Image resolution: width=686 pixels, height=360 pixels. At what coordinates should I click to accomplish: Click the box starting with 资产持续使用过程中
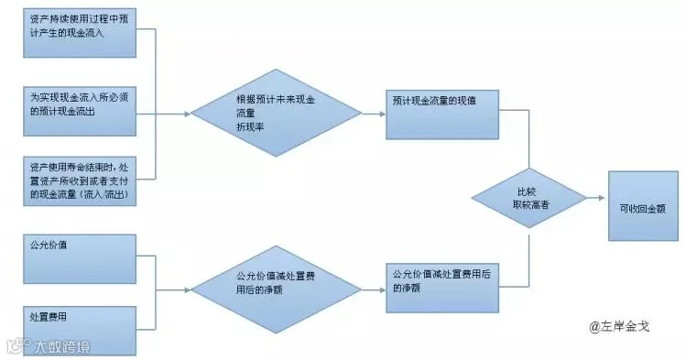point(80,33)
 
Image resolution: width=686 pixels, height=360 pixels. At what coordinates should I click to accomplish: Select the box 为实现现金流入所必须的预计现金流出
point(80,111)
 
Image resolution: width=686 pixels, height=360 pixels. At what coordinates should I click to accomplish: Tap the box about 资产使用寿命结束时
point(80,181)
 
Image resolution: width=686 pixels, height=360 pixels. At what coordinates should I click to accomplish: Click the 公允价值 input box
point(80,259)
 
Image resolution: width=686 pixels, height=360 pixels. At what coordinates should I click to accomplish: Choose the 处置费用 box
point(80,331)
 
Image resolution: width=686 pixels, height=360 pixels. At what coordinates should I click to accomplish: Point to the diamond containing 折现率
point(276,113)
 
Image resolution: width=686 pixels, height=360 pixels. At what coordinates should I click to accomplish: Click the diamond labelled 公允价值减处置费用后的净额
point(276,289)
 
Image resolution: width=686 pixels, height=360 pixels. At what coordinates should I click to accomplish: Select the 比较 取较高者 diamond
point(529,198)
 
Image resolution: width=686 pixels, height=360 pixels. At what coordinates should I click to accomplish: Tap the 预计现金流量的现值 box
point(442,115)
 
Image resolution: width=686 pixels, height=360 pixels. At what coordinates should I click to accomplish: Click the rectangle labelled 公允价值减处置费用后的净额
point(442,288)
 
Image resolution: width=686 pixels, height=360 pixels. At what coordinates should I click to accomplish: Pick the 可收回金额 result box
point(643,206)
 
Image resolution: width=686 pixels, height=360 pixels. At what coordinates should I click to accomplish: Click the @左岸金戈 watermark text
point(619,326)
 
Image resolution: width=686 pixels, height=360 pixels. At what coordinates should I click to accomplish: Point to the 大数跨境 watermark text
point(61,347)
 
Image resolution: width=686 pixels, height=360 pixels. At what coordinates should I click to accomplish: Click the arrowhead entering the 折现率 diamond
point(188,114)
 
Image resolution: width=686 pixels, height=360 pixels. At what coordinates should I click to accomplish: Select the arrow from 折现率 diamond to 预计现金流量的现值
point(374,114)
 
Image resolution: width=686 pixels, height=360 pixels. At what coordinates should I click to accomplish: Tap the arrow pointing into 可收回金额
point(596,198)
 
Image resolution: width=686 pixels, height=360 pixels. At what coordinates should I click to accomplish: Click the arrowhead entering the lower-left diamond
point(188,289)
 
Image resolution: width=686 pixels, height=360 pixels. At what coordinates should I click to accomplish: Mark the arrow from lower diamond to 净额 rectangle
point(374,289)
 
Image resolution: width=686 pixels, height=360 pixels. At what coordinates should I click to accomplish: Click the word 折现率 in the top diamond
point(250,126)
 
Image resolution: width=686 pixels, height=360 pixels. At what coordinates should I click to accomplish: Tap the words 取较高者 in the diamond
point(530,204)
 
